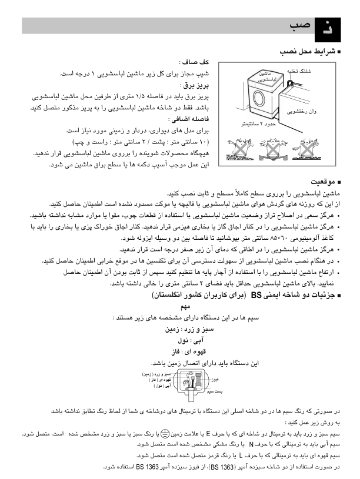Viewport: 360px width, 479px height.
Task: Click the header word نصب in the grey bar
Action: click(299, 26)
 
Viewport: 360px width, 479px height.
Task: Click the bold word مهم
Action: click(186, 307)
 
